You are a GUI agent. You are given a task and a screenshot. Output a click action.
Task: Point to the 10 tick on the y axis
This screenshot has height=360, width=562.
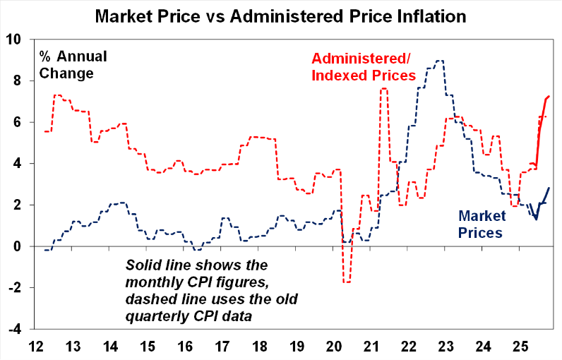tap(16, 40)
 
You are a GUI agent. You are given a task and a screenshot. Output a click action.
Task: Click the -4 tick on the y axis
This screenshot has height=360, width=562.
tap(16, 329)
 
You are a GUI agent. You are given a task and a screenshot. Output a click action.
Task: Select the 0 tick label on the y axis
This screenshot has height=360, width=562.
tap(20, 246)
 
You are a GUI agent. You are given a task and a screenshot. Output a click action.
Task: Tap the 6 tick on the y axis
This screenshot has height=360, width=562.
tap(20, 122)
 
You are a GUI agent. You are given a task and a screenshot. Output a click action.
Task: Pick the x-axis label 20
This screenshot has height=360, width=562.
tap(333, 347)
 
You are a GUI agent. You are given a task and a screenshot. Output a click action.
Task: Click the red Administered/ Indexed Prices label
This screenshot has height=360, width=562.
tap(363, 66)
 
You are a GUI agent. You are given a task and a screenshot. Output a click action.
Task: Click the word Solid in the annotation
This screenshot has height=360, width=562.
tap(144, 265)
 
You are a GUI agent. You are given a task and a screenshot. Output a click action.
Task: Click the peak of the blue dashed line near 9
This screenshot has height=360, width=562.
tap(440, 61)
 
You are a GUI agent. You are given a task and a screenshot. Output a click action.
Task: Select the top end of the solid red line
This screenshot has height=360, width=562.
tap(549, 96)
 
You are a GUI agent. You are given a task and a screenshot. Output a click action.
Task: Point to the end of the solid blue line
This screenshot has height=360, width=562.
tap(549, 187)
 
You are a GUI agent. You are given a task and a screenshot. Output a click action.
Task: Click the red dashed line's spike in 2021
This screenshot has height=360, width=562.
tap(383, 89)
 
